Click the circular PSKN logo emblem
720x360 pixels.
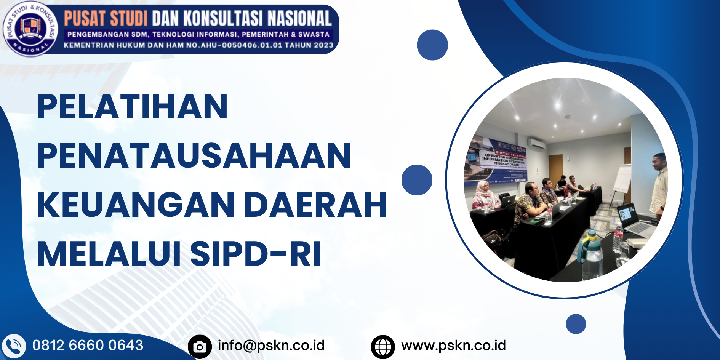[x=30, y=29]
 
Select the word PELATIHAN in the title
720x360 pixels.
[x=133, y=107]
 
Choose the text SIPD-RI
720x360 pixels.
[x=256, y=254]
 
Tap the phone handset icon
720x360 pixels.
[x=14, y=346]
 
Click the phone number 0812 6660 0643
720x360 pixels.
[x=88, y=346]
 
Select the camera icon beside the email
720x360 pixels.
[x=200, y=346]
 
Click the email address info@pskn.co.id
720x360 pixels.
[x=271, y=346]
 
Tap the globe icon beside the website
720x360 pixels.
[x=383, y=347]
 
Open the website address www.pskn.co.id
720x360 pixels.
[x=453, y=346]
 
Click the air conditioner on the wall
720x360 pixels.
[x=536, y=144]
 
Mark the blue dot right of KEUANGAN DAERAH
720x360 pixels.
[x=417, y=180]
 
